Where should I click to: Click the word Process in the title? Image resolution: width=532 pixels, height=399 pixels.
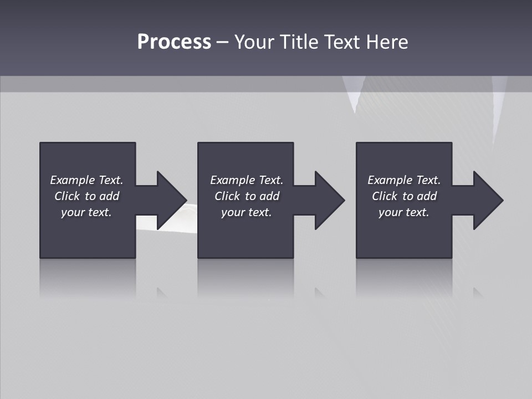(x=174, y=42)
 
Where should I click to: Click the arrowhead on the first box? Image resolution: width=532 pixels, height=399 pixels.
(x=171, y=200)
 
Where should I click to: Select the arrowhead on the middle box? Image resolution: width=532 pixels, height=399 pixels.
(x=329, y=200)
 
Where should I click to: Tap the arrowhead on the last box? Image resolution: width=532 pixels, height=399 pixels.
(x=488, y=200)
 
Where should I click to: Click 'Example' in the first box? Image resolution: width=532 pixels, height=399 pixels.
(x=73, y=180)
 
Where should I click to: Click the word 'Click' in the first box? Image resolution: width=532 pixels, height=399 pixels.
(x=67, y=196)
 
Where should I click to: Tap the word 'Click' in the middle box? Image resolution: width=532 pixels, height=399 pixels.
(x=227, y=196)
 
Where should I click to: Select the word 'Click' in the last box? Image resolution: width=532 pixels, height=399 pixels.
(x=385, y=196)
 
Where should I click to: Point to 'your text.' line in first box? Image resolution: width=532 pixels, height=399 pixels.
(x=86, y=212)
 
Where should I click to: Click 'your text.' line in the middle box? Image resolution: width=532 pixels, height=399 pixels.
(x=247, y=212)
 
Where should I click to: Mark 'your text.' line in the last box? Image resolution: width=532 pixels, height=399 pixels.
(x=404, y=212)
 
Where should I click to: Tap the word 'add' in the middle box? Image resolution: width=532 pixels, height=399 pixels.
(x=269, y=196)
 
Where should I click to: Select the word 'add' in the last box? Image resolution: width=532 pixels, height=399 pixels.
(x=427, y=196)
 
